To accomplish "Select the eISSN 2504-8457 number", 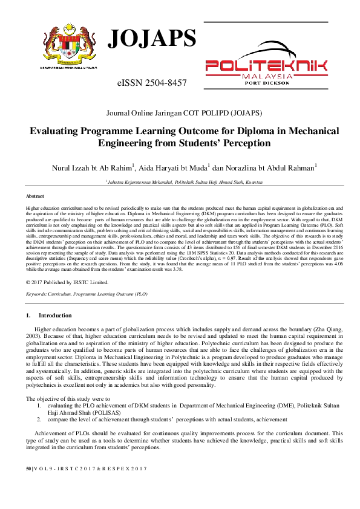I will point(152,82).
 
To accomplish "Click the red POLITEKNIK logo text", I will point(267,66).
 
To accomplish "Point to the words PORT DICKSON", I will point(267,83).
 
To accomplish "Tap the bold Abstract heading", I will point(35,196).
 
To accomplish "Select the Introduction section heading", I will point(54,316).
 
